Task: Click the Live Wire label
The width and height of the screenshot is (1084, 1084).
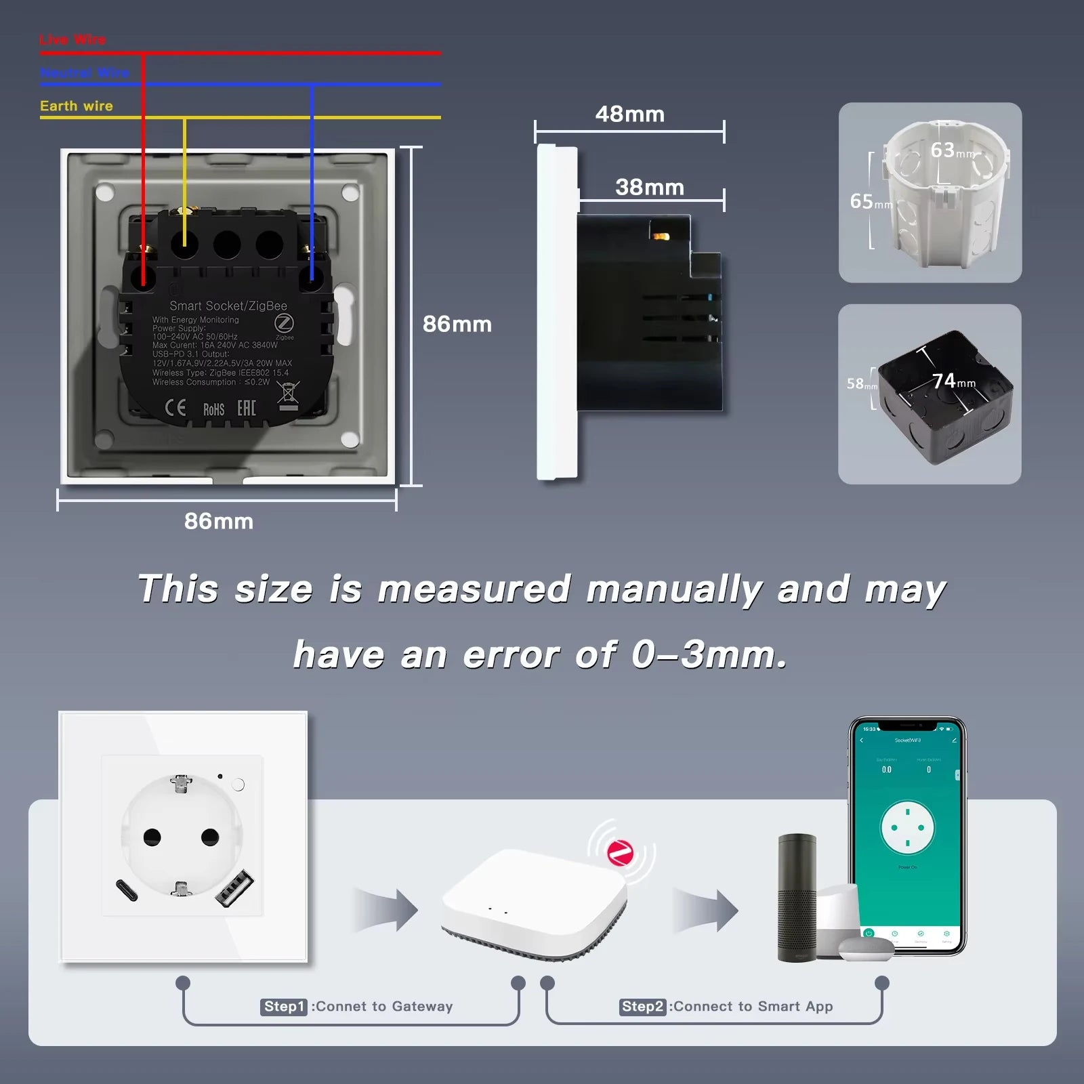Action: (72, 39)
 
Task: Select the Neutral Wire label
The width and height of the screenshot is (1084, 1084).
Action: (84, 72)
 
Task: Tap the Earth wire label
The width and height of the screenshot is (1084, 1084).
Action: (77, 106)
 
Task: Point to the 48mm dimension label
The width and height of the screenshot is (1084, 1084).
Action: (629, 114)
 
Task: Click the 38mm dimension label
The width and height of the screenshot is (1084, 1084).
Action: (649, 187)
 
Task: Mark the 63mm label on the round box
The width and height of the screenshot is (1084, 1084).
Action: (951, 150)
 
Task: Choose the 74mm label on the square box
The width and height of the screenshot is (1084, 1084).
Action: (953, 381)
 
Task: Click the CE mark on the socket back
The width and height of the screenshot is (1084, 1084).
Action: (175, 408)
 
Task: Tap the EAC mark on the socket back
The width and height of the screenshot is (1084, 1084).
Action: (246, 408)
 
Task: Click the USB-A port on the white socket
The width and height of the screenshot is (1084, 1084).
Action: (234, 890)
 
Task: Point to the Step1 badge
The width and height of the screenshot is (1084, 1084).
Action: (284, 1007)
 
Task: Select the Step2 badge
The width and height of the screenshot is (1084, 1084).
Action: (642, 1007)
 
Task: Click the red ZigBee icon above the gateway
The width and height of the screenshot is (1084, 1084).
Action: (620, 853)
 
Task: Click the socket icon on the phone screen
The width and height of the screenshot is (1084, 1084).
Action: (907, 828)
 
